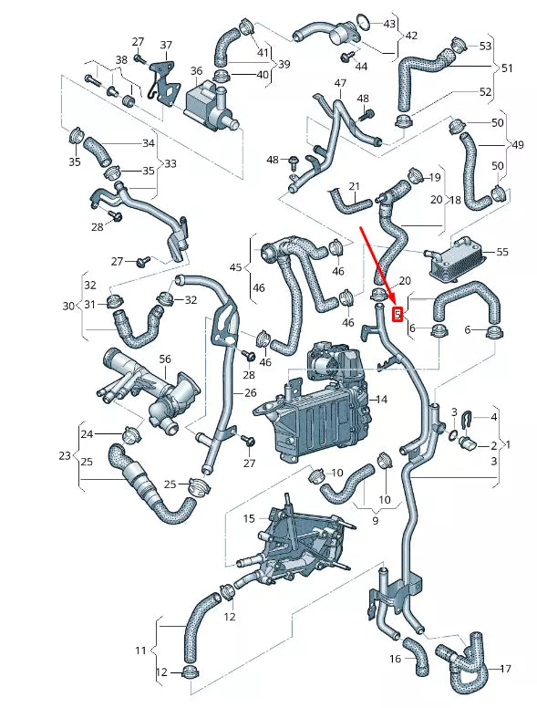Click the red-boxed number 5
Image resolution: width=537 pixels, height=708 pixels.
pos(397,315)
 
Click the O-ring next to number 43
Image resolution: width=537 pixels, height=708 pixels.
pos(362,21)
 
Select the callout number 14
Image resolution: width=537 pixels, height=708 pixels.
pos(380,400)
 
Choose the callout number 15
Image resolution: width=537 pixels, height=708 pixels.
pos(249,518)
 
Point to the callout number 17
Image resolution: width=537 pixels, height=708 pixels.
pos(506,668)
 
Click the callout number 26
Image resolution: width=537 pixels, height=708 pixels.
pos(250,393)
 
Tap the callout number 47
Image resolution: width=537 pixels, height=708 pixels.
pos(340,83)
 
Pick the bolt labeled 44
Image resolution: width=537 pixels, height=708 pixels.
pos(346,57)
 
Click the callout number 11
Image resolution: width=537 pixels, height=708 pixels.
pos(140,651)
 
